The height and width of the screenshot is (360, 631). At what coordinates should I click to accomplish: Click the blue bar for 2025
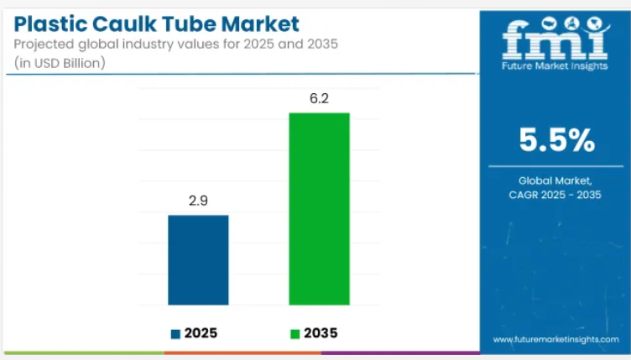click(198, 259)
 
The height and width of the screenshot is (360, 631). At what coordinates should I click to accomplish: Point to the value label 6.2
click(319, 99)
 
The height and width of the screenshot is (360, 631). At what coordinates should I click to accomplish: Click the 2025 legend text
click(201, 333)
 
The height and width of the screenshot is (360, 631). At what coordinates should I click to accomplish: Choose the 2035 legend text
click(321, 333)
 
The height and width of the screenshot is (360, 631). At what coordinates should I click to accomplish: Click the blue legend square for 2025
click(175, 334)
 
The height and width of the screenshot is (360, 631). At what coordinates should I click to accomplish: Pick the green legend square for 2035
click(295, 334)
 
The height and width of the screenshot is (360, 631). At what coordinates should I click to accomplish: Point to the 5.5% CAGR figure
click(555, 141)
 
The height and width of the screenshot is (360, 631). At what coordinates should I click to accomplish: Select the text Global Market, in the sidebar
click(555, 180)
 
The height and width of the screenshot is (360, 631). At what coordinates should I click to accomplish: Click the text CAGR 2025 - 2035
click(555, 196)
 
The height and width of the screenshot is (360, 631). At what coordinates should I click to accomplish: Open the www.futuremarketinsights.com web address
click(555, 340)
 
